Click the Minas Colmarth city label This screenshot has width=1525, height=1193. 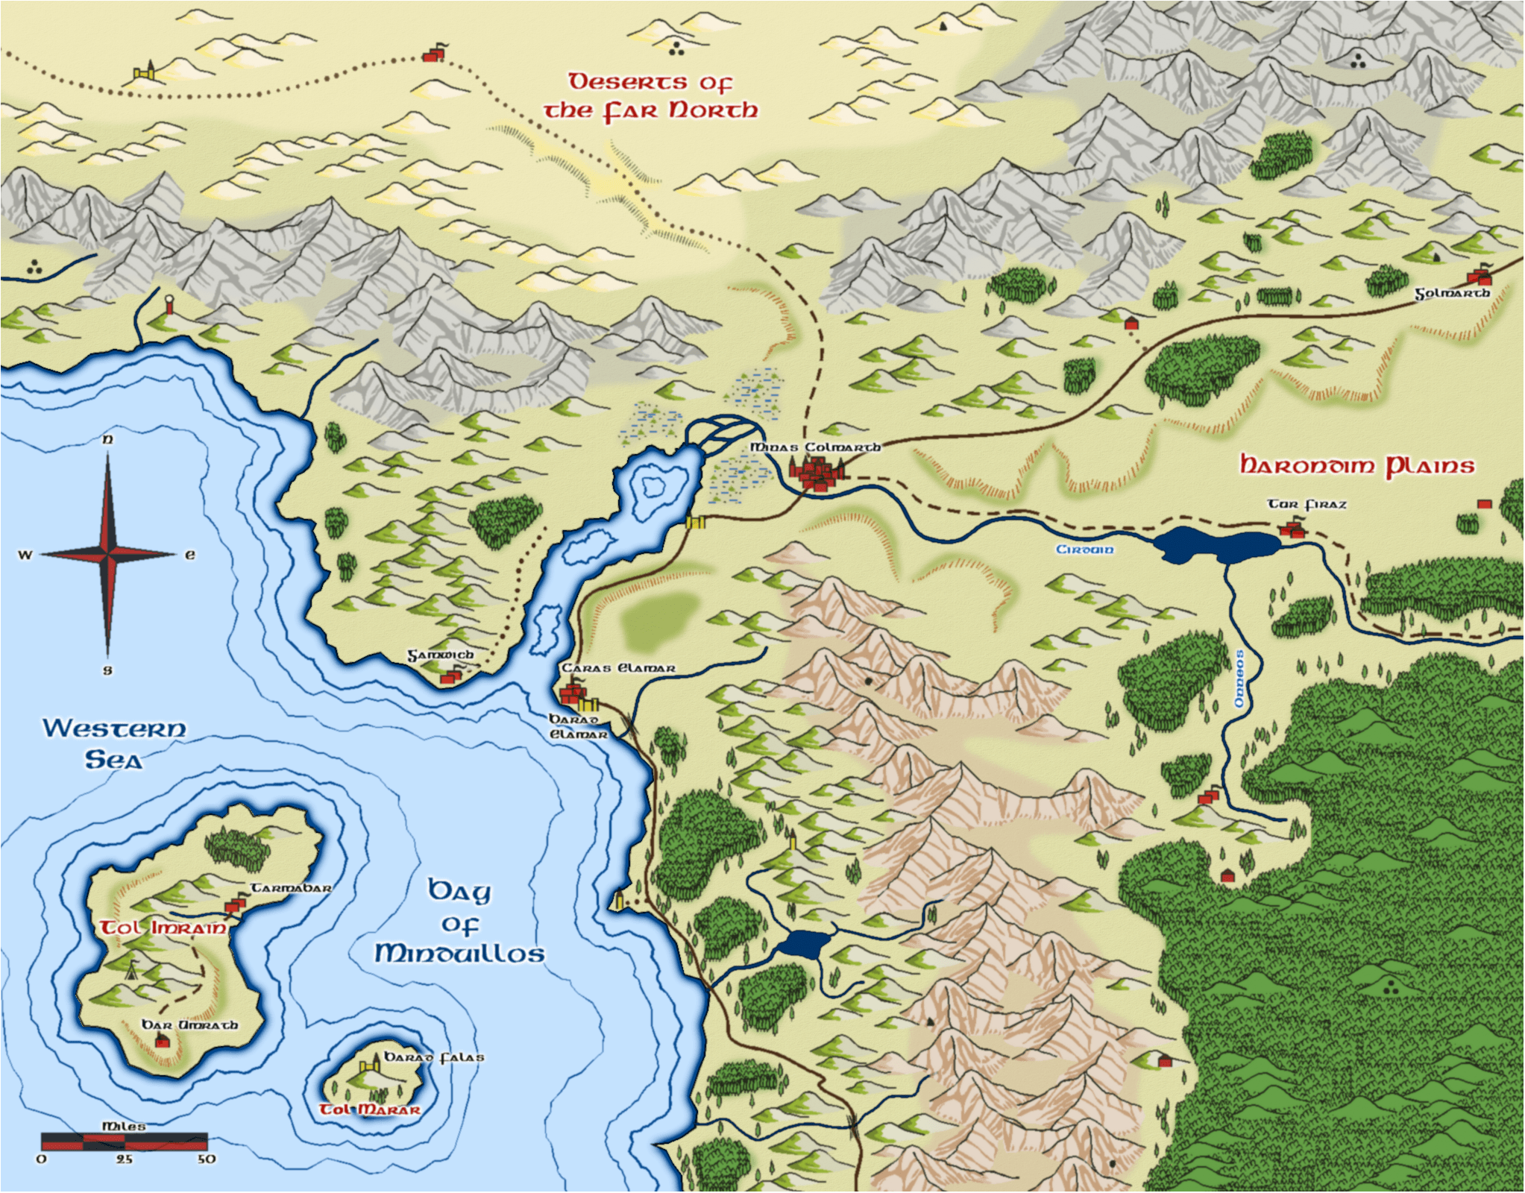point(814,447)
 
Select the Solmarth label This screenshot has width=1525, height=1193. point(1452,294)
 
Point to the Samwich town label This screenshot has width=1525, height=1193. point(440,655)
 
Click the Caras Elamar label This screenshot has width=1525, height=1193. point(618,668)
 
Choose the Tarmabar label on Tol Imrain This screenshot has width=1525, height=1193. point(290,888)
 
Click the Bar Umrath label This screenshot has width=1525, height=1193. point(189,1025)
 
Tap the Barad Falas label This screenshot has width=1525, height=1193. point(433,1057)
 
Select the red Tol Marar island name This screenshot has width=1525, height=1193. point(370,1109)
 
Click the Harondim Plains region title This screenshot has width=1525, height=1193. point(1356,466)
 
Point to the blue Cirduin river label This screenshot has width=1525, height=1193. point(1084,550)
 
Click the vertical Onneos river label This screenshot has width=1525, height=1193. point(1239,679)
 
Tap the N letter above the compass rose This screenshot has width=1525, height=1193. point(107,439)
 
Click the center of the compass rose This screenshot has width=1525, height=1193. point(108,554)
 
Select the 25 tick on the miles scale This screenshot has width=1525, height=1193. point(124,1159)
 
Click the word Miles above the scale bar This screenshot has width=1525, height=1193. point(123,1126)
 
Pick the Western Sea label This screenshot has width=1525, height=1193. point(113,743)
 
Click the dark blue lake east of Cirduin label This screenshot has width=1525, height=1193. point(1216,545)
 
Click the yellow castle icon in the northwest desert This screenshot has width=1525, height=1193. point(145,72)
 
